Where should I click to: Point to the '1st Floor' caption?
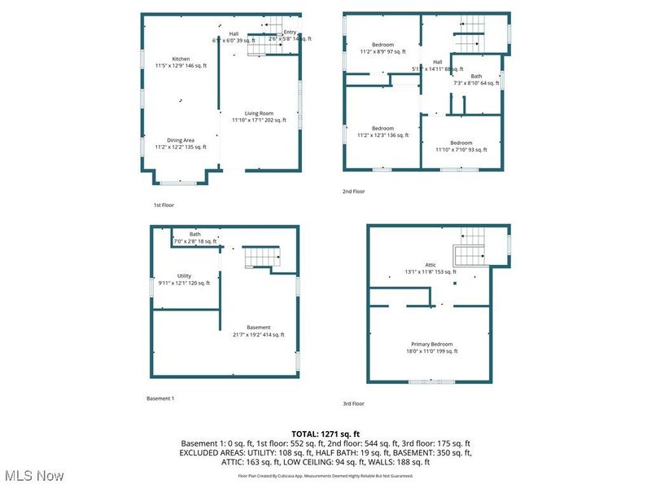click(164, 205)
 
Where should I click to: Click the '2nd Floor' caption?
click(354, 192)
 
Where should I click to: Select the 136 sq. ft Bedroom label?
click(382, 131)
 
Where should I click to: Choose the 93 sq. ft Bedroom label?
click(461, 146)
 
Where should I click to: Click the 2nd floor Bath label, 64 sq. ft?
click(476, 79)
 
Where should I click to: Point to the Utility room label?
click(184, 279)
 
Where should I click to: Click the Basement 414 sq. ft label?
click(259, 331)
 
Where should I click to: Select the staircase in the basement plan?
click(263, 258)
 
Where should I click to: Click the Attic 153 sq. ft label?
click(430, 268)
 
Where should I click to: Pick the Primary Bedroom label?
click(431, 348)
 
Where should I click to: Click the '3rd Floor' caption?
click(354, 403)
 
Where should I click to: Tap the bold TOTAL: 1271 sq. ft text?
click(325, 434)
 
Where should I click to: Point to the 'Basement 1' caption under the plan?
click(160, 399)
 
